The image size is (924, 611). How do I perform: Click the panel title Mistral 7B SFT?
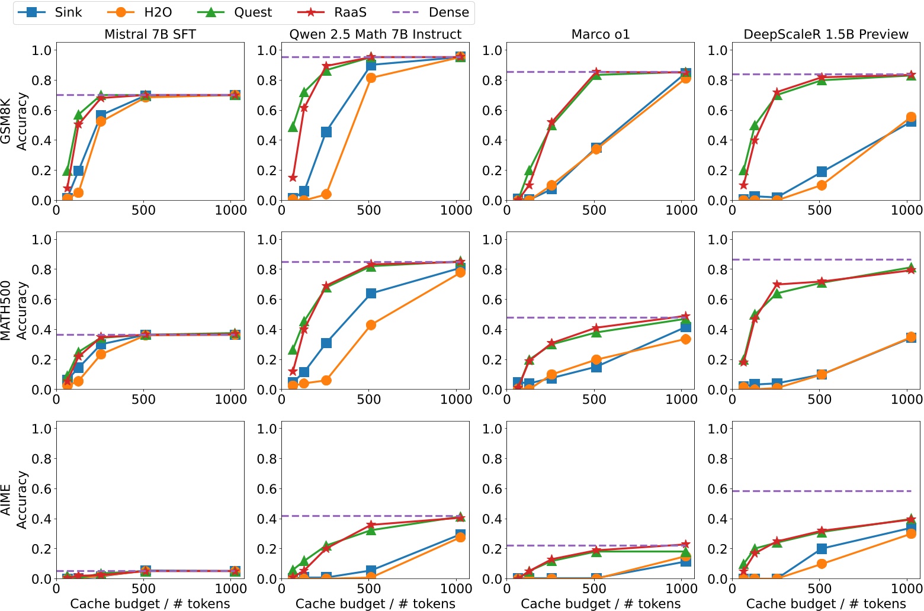pos(150,34)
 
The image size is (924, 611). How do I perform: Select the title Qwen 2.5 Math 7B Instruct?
pos(375,34)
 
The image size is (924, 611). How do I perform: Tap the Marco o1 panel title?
pos(600,34)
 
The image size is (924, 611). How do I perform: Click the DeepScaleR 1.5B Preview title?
pos(826,34)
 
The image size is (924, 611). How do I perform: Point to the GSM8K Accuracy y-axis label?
pos(14,121)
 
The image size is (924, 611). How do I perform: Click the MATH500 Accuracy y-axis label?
pos(14,311)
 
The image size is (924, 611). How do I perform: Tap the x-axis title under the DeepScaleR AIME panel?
pos(826,603)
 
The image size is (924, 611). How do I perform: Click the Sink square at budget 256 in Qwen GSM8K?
pos(326,132)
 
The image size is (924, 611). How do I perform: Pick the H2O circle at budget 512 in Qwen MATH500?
pos(371,325)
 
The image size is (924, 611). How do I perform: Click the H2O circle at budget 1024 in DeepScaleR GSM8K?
pos(911,117)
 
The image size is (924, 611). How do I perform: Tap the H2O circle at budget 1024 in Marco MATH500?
pos(685,339)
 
